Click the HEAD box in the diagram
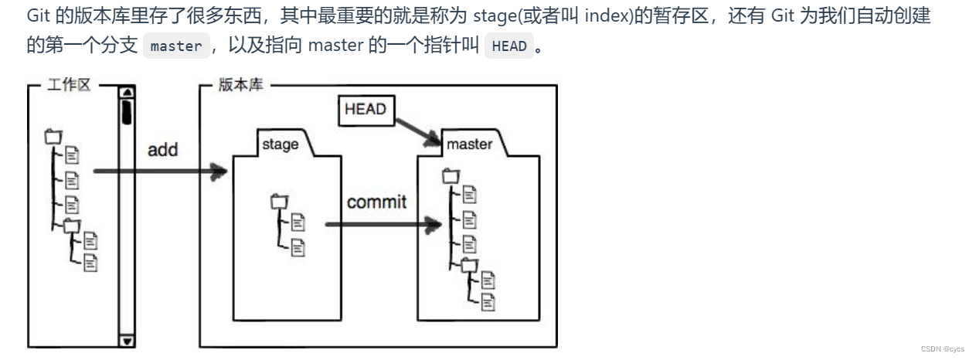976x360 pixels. point(366,110)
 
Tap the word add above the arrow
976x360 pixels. point(162,150)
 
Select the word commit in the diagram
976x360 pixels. point(376,202)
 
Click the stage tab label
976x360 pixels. point(281,144)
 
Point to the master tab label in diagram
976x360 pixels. point(469,144)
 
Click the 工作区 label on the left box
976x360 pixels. point(69,84)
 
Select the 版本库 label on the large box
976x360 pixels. point(240,84)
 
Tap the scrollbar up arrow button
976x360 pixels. point(128,92)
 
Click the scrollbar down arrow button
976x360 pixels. point(128,341)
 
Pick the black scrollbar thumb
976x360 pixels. point(127,112)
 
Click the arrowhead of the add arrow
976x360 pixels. point(219,172)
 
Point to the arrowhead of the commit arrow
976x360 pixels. point(433,225)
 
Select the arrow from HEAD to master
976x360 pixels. point(418,133)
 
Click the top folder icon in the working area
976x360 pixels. point(53,137)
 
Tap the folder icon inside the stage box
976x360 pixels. point(279,202)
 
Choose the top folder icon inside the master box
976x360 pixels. point(451,176)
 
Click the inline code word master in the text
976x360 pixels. point(176,46)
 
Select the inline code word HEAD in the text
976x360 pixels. point(509,46)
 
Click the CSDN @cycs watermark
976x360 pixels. point(943,349)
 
